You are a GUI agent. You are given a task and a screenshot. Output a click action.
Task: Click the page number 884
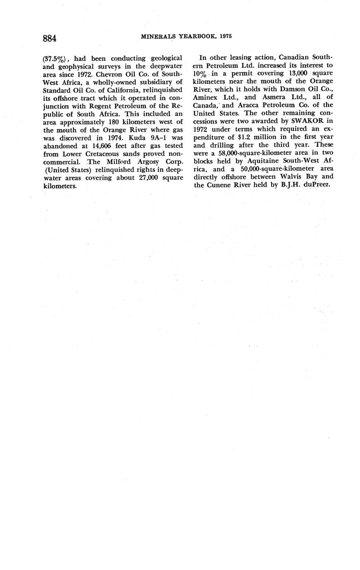tap(49, 38)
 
